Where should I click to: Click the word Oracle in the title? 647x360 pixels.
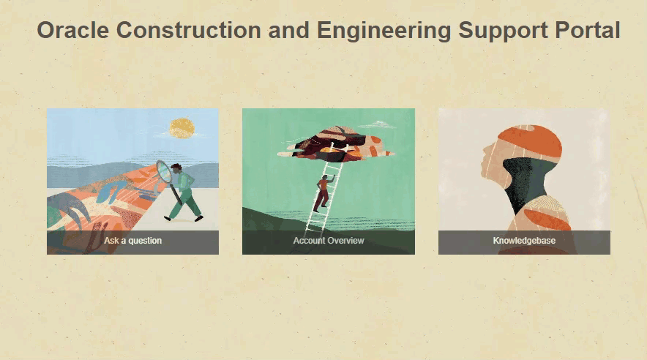(73, 30)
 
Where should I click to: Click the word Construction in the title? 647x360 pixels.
(189, 30)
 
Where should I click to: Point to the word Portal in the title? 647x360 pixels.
(588, 30)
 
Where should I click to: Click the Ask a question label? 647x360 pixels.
(133, 241)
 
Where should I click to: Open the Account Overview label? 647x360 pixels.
(329, 241)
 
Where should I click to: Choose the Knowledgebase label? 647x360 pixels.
(524, 241)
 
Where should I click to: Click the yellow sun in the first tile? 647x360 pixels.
(182, 128)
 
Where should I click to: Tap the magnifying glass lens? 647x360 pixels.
(164, 172)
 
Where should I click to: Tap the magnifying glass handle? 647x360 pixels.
(176, 194)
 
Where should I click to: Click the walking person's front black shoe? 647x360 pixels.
(199, 219)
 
